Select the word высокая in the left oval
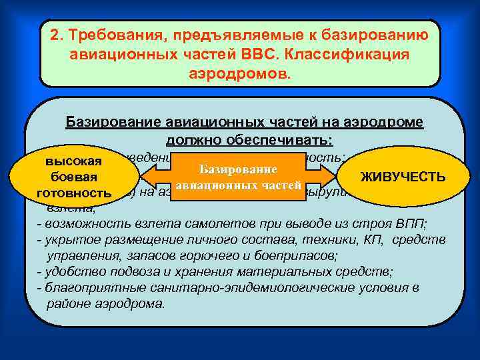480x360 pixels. [73, 161]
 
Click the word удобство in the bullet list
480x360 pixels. [69, 272]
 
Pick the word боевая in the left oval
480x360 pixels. [73, 177]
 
